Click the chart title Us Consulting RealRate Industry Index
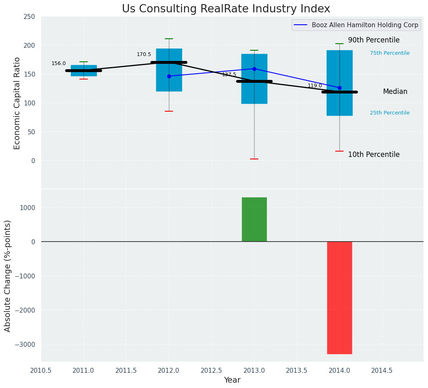[226, 9]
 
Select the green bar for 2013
[254, 220]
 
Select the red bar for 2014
[339, 297]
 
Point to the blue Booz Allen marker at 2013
[254, 69]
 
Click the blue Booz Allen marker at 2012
[169, 76]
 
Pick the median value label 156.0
[58, 63]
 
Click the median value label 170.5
[144, 54]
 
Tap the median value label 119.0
[315, 86]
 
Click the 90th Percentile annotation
[374, 40]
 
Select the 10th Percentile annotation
[374, 154]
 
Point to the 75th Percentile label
[389, 53]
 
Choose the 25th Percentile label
[389, 113]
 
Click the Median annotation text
[395, 91]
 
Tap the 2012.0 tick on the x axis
[169, 370]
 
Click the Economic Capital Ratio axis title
[17, 103]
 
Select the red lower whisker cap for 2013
[254, 159]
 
